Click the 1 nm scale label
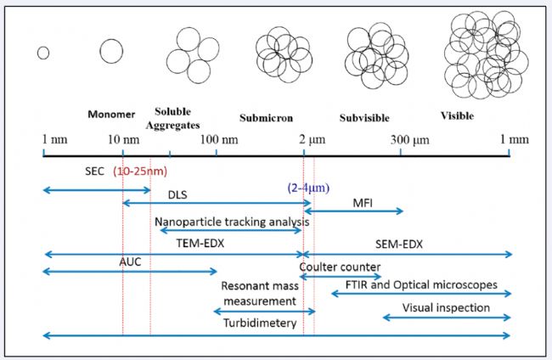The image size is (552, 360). [54, 139]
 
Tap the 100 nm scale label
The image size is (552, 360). [219, 139]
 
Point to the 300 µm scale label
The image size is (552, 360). [410, 140]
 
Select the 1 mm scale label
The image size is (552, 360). [515, 139]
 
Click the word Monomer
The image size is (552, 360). [111, 114]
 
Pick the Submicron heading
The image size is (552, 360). [266, 117]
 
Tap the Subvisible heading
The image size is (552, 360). [364, 117]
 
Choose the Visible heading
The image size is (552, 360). [457, 115]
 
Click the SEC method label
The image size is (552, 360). [94, 171]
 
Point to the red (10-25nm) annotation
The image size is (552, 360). [140, 172]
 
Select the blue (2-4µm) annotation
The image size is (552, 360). [308, 188]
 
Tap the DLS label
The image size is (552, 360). [177, 194]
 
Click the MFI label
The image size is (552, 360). [363, 203]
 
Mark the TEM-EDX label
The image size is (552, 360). [200, 243]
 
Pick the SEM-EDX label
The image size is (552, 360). [399, 244]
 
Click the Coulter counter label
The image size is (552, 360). [340, 267]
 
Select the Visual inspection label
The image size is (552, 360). [446, 307]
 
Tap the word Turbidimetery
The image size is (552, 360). [260, 323]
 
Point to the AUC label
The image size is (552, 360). [130, 262]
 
